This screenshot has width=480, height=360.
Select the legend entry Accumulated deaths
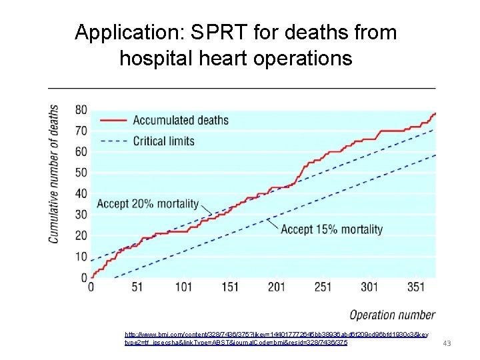[180, 121]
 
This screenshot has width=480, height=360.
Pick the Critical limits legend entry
[163, 141]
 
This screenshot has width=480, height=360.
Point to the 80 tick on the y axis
[81, 110]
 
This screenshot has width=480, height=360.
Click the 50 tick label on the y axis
[81, 173]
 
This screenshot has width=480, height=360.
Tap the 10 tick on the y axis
[81, 257]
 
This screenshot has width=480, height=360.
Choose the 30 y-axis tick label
[81, 215]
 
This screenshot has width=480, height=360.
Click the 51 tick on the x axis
[137, 287]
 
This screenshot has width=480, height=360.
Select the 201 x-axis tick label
[276, 287]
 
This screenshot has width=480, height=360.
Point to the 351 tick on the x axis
[415, 287]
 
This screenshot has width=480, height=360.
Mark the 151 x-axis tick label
[230, 287]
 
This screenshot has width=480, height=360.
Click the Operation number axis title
[392, 315]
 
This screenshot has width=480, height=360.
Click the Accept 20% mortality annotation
[148, 204]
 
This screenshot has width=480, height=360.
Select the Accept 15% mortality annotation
[331, 229]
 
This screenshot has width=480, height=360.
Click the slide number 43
[447, 343]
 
